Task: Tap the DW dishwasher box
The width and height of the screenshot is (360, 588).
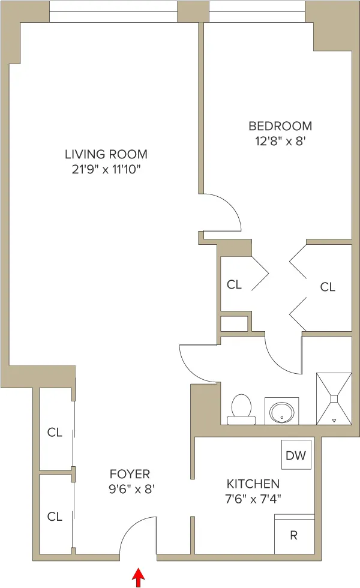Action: click(296, 455)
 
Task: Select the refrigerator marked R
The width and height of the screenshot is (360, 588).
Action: click(294, 535)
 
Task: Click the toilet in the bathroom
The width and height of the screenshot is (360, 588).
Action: click(241, 409)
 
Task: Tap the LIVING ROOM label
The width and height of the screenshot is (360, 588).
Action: click(106, 154)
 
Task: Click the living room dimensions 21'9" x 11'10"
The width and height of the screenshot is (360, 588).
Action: click(106, 169)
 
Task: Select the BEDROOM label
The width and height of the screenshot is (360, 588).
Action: click(280, 126)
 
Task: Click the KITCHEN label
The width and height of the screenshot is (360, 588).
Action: click(253, 484)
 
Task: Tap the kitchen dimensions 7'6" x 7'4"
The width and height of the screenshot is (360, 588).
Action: click(253, 498)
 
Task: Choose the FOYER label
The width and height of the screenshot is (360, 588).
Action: click(130, 474)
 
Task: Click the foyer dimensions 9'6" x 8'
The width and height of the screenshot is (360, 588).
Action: click(132, 489)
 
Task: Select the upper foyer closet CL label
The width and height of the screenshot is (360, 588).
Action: click(55, 433)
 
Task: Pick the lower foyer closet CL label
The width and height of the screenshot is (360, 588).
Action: click(55, 516)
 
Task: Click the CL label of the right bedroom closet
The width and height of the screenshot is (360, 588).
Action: click(328, 287)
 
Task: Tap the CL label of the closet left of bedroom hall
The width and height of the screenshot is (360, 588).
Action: click(234, 284)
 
